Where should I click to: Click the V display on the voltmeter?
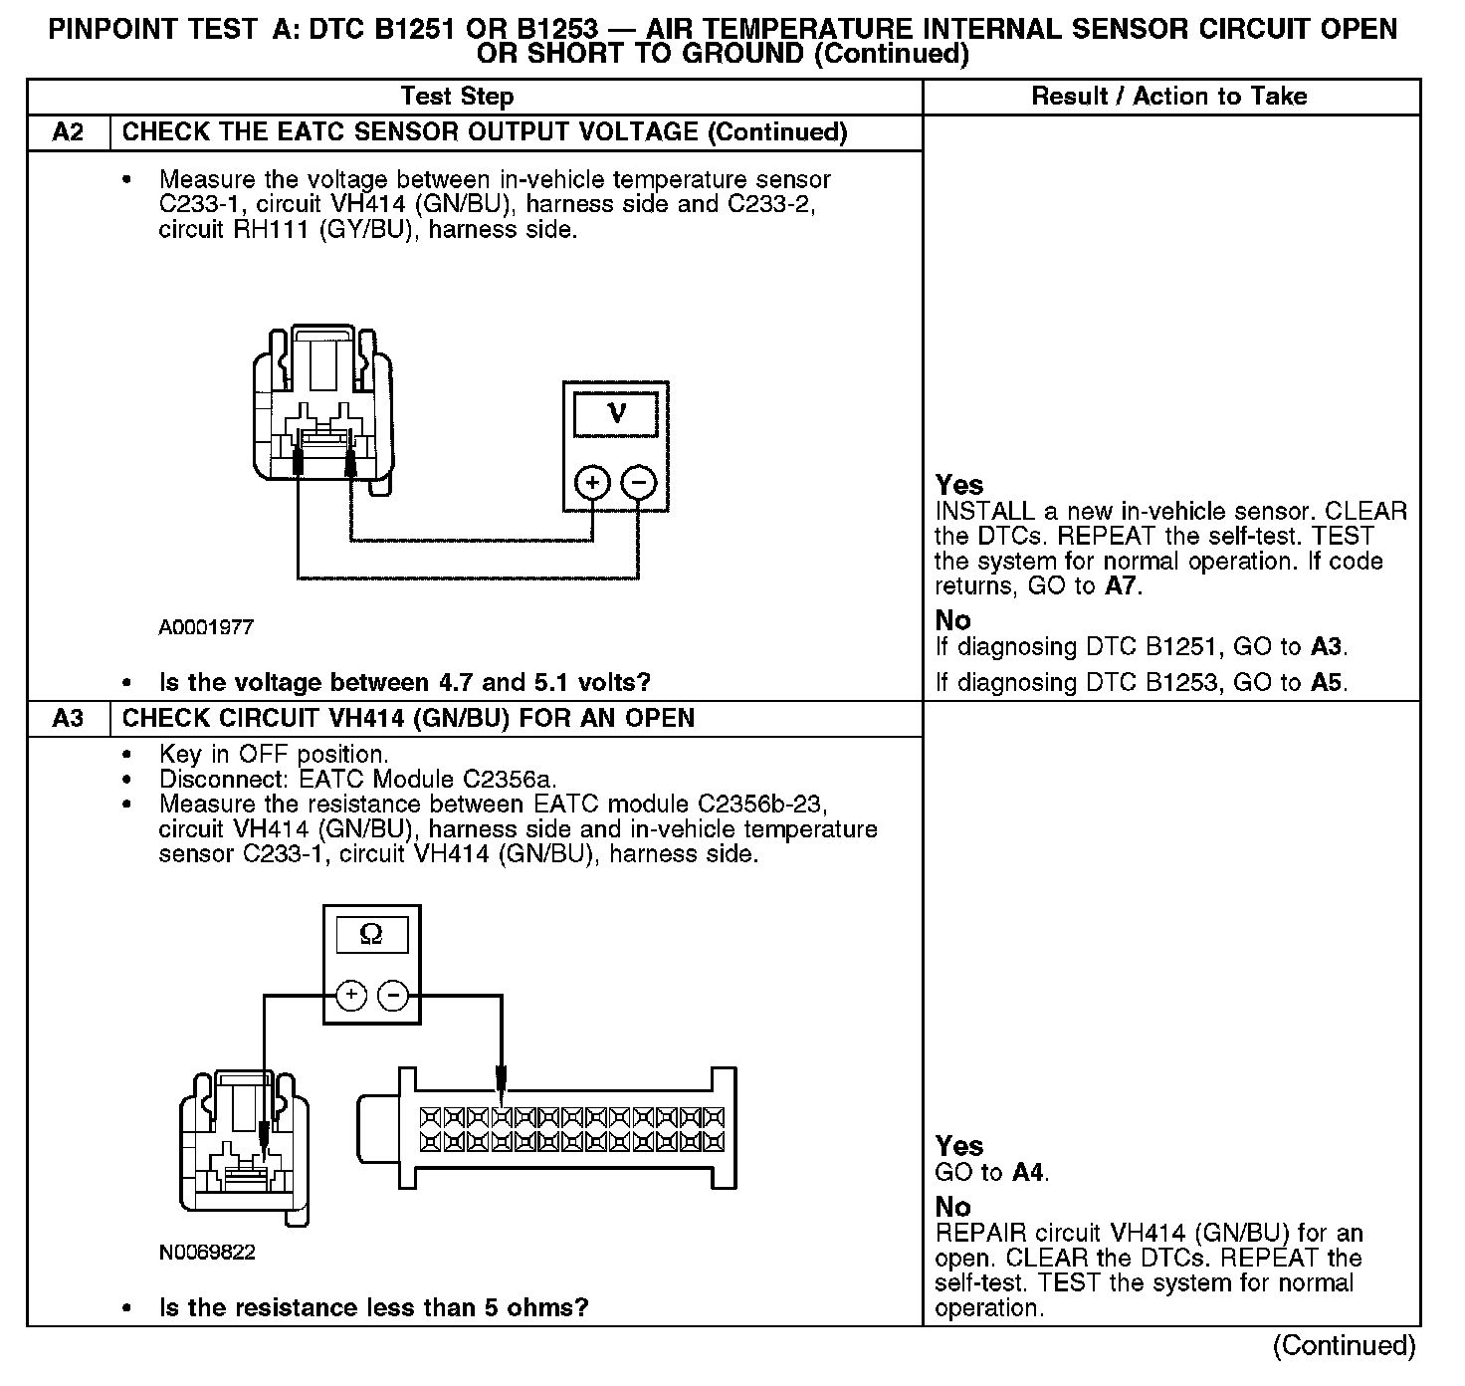pyautogui.click(x=615, y=413)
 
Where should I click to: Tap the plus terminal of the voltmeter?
pyautogui.click(x=592, y=484)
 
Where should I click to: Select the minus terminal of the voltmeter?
pyautogui.click(x=639, y=484)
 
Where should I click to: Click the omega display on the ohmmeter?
pyautogui.click(x=370, y=935)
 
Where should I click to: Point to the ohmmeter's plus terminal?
pyautogui.click(x=351, y=995)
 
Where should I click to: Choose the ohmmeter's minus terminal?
pyautogui.click(x=394, y=995)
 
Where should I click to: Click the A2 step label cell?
pyautogui.click(x=68, y=132)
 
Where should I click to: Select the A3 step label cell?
pyautogui.click(x=68, y=718)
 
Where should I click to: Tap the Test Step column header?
pyautogui.click(x=457, y=97)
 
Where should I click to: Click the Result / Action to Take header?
pyautogui.click(x=1168, y=97)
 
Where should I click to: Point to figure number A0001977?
pyautogui.click(x=206, y=627)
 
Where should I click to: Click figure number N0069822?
pyautogui.click(x=207, y=1253)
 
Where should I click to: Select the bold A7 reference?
pyautogui.click(x=1122, y=586)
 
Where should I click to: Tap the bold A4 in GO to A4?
pyautogui.click(x=1029, y=1172)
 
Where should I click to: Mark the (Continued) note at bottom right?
pyautogui.click(x=1344, y=1346)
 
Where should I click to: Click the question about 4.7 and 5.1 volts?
pyautogui.click(x=404, y=683)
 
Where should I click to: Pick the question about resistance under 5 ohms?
pyautogui.click(x=373, y=1307)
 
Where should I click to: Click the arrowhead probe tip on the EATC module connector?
pyautogui.click(x=501, y=1083)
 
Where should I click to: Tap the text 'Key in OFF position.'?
pyautogui.click(x=273, y=755)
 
